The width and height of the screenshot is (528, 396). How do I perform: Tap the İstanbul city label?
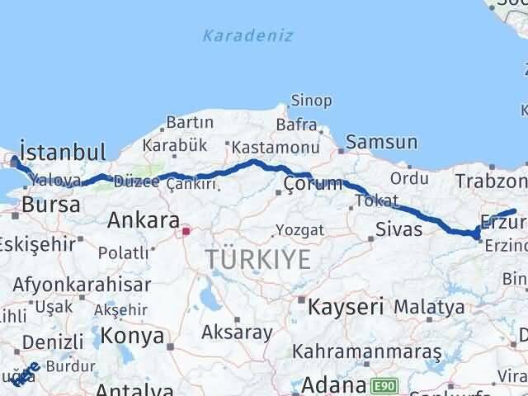[x=63, y=152]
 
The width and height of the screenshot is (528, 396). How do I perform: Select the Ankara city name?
[x=144, y=220]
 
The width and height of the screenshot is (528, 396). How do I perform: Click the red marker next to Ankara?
[x=186, y=232]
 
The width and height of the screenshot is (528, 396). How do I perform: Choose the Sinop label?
[x=311, y=101]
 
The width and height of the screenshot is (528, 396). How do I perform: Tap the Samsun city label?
[x=379, y=142]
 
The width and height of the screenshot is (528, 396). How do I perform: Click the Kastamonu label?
[x=275, y=147]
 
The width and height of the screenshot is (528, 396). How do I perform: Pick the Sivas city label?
[x=398, y=229]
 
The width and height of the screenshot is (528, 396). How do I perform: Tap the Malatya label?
[x=428, y=307]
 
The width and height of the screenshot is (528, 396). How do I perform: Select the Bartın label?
[x=190, y=122]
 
